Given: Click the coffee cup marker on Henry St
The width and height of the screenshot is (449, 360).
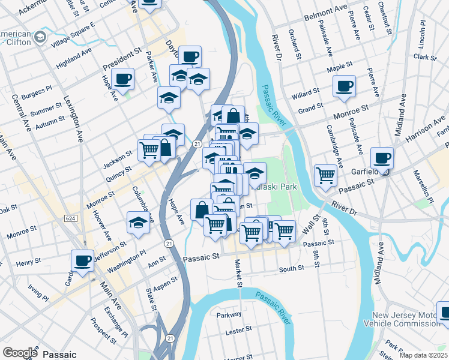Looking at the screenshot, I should point(83,261).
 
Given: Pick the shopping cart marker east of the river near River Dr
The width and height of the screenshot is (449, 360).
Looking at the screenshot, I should point(325,176).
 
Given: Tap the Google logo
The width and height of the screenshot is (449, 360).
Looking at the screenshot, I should point(20,353).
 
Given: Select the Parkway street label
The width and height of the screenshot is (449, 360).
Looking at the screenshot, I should point(229,314).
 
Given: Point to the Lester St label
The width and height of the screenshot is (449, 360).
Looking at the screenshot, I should point(238,330).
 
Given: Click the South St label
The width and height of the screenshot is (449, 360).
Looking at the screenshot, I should point(292,269).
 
